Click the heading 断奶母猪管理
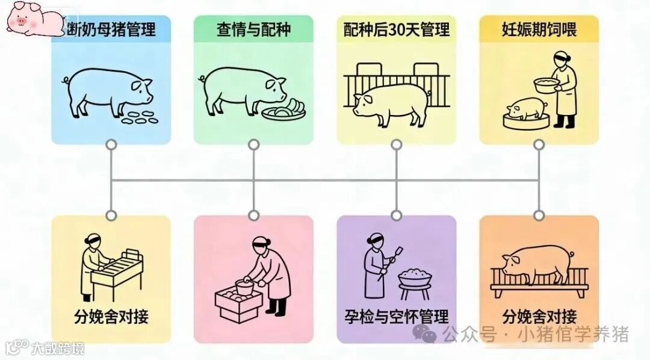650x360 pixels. [112, 29]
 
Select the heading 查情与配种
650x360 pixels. [253, 29]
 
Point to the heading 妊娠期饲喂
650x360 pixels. [539, 29]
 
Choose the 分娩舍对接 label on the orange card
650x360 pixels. [539, 315]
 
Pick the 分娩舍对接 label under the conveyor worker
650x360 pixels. [111, 316]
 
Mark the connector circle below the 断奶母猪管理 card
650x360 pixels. [111, 144]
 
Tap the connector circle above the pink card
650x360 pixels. [253, 215]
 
